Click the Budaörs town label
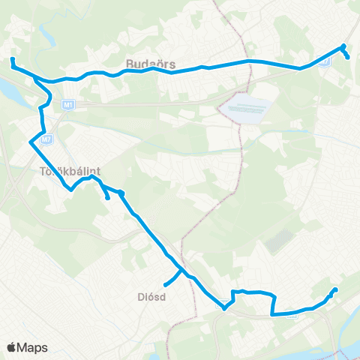145,64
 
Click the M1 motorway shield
67,103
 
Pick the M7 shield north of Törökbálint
46,138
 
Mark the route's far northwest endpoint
12,58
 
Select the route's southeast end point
335,290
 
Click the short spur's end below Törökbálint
108,198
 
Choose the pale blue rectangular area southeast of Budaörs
244,108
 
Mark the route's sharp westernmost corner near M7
30,141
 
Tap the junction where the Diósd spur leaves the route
180,270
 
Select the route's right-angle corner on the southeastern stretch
272,314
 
